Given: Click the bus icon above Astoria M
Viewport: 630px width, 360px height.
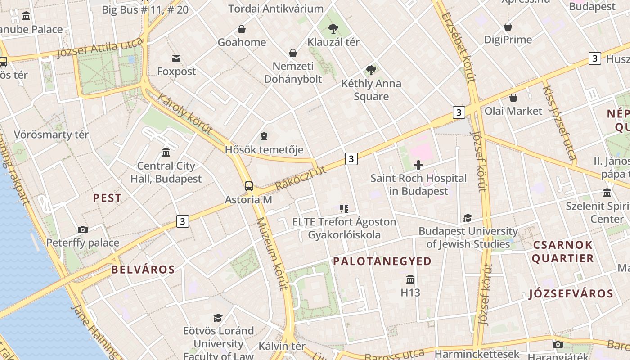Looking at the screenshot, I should [x=248, y=186].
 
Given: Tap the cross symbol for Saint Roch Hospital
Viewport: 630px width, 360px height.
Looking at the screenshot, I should [x=418, y=165].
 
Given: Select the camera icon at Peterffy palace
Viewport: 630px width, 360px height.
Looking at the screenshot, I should [x=83, y=229].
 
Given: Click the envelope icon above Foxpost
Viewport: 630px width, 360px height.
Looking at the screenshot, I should [x=176, y=58].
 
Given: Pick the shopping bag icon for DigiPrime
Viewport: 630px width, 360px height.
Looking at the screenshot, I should [x=508, y=27].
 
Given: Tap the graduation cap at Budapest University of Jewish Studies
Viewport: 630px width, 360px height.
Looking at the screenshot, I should [x=468, y=218].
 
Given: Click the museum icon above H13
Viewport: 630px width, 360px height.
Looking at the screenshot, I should [x=410, y=279].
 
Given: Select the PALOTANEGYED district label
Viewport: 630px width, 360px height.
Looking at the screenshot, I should [x=382, y=261].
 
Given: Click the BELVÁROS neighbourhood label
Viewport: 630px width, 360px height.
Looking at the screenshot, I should [x=143, y=270].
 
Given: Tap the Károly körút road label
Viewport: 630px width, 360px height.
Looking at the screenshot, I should [x=184, y=113].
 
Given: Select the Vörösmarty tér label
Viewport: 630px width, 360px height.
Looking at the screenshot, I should [x=51, y=135].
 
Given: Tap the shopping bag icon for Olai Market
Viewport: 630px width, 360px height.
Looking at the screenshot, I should [x=513, y=98].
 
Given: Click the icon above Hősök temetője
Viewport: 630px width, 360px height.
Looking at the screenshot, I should [x=264, y=136].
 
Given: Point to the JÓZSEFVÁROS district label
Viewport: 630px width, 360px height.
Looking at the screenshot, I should [x=571, y=294].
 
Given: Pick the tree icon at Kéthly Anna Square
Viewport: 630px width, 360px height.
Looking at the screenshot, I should [x=371, y=70].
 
